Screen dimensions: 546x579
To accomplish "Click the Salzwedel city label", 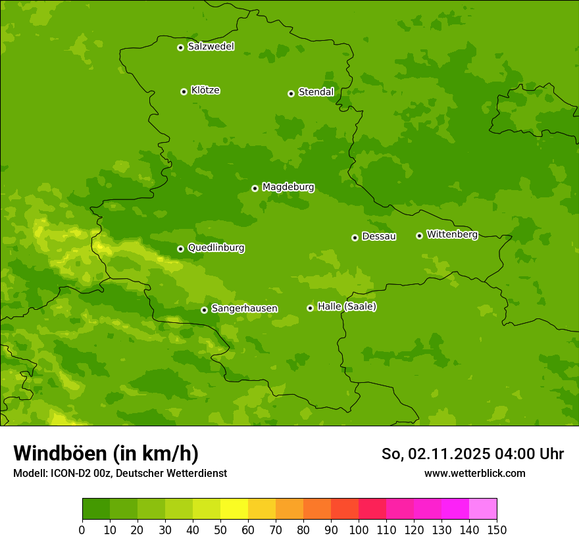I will coord(211,47).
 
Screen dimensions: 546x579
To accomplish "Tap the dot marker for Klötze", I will coord(184,91).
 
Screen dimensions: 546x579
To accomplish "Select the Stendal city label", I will coord(316,92).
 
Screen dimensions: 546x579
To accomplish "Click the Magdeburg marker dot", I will coord(255,188).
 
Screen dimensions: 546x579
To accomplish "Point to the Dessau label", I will coord(379,236).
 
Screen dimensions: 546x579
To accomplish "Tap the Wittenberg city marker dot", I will coord(419,236).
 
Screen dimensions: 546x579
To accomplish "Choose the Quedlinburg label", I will coord(216,248).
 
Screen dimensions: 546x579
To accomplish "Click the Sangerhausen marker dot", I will coord(204,310).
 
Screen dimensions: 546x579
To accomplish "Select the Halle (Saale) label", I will coord(347,307).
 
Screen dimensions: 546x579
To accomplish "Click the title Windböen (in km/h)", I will coord(106,453).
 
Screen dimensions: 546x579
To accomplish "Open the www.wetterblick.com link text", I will coord(474,473).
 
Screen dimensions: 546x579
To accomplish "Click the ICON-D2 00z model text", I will coord(82,473).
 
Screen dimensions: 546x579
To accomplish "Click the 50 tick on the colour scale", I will coord(220,530).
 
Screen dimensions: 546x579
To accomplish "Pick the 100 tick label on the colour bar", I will coord(359,530).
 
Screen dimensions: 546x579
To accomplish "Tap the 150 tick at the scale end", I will coord(497,530).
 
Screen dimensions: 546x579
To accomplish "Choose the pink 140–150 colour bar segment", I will coord(483,509).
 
